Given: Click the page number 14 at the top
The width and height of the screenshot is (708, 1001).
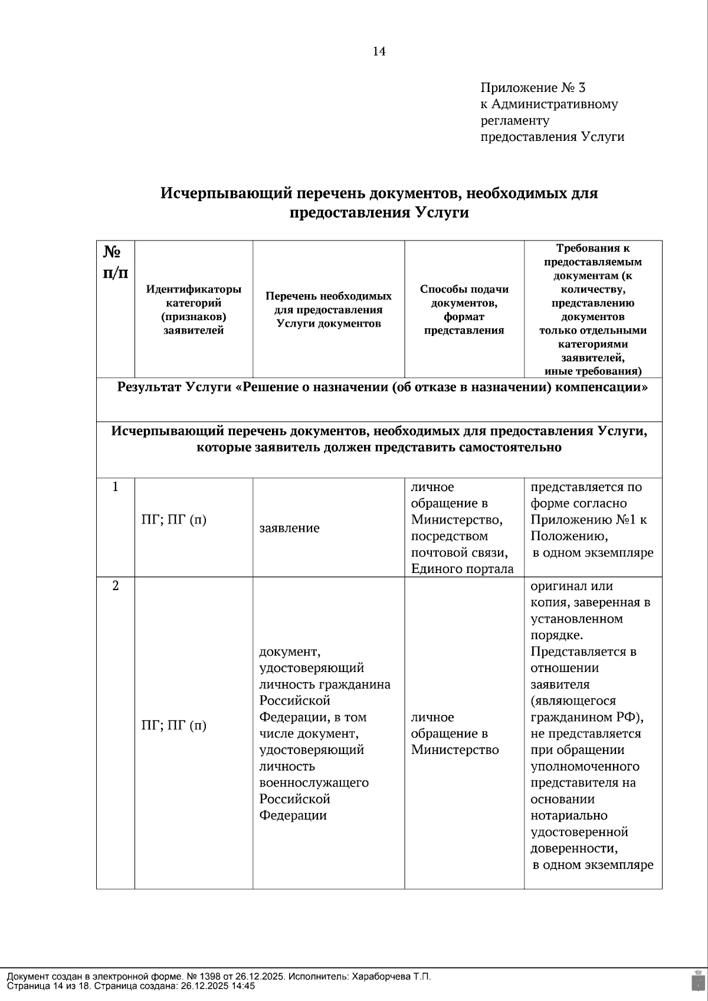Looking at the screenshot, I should [x=379, y=52].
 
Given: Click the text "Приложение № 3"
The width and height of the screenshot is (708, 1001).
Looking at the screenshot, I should [x=532, y=88].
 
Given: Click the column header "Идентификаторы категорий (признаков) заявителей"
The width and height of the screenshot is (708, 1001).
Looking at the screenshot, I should [x=194, y=309].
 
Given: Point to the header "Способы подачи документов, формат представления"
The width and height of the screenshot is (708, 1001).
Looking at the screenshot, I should [x=464, y=309].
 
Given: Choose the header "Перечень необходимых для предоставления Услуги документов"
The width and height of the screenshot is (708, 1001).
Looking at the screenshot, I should [x=329, y=309].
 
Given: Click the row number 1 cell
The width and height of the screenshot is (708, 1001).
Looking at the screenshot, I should [x=116, y=487].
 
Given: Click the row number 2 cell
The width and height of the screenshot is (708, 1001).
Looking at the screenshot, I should [x=116, y=586].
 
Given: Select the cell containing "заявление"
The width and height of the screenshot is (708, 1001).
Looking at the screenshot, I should [x=289, y=528].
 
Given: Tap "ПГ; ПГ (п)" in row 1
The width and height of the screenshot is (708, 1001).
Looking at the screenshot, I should [x=174, y=520].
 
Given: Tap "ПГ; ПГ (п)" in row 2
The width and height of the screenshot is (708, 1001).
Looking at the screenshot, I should [x=174, y=725].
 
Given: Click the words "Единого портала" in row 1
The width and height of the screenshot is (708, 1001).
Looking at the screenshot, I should [x=462, y=569].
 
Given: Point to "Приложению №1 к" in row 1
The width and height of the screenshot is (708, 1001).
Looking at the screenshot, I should [x=588, y=520].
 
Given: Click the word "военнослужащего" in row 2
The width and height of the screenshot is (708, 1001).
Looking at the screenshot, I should [x=314, y=783].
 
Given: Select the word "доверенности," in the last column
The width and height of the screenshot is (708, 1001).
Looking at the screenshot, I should [x=573, y=848].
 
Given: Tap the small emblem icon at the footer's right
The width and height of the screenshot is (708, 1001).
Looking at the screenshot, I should [x=696, y=980].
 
